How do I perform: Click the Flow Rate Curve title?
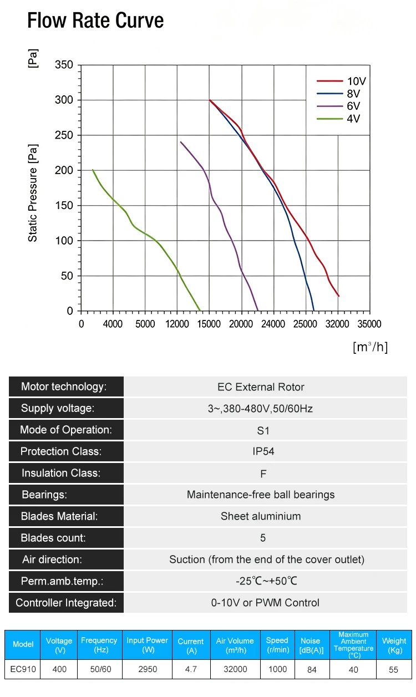tap(95, 21)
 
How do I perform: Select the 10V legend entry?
tap(341, 81)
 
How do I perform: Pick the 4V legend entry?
tap(338, 119)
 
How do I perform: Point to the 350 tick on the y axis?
tap(64, 65)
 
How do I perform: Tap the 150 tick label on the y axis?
tap(64, 205)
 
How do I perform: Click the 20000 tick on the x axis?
tap(241, 324)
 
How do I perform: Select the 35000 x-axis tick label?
tap(369, 324)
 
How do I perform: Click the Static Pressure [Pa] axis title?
tap(33, 193)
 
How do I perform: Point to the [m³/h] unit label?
tap(371, 347)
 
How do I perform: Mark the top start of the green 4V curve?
tap(93, 170)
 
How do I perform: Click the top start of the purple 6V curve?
tap(181, 142)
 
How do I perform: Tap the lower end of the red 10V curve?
tap(338, 296)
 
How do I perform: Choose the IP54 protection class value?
tap(263, 451)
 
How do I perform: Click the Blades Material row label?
tap(59, 516)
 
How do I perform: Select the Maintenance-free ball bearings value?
tap(261, 495)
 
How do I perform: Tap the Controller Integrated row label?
tap(66, 603)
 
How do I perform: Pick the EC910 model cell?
tap(23, 669)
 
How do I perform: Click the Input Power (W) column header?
tap(147, 645)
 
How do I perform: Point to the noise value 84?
tap(312, 669)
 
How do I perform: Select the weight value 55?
tap(393, 669)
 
